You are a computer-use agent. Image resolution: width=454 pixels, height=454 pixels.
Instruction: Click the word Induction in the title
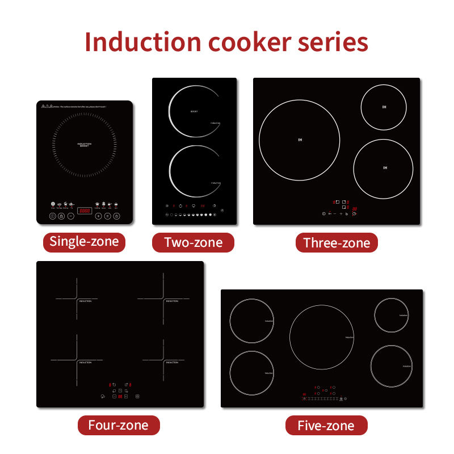click(x=141, y=42)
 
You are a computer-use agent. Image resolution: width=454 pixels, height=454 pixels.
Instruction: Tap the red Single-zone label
click(x=84, y=242)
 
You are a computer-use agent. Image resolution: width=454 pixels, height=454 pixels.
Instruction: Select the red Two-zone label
click(x=193, y=243)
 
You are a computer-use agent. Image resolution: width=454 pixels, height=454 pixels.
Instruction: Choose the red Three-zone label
click(x=337, y=243)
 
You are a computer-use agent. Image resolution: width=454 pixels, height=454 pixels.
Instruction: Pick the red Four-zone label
click(x=118, y=424)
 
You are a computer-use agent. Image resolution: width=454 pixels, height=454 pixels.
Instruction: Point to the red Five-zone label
click(x=326, y=426)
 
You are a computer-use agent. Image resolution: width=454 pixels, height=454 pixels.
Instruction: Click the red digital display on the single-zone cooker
click(x=85, y=211)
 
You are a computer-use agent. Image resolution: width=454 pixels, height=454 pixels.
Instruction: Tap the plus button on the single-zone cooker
click(x=98, y=216)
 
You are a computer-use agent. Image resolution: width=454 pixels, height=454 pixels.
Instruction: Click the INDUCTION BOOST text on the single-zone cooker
click(x=84, y=145)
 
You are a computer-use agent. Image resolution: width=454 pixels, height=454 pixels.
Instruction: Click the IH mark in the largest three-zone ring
click(x=300, y=139)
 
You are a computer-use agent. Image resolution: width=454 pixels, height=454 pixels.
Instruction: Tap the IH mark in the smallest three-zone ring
click(x=384, y=108)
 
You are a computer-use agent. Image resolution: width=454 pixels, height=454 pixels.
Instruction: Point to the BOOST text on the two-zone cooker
click(x=194, y=112)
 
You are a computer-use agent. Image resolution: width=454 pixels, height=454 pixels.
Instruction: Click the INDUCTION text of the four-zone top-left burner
click(x=85, y=301)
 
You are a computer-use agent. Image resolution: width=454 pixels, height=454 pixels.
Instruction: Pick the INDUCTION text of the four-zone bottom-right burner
click(x=171, y=362)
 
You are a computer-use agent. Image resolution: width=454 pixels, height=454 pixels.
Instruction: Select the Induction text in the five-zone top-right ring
click(x=403, y=315)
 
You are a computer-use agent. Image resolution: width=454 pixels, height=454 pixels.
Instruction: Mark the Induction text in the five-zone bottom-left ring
click(x=268, y=373)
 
